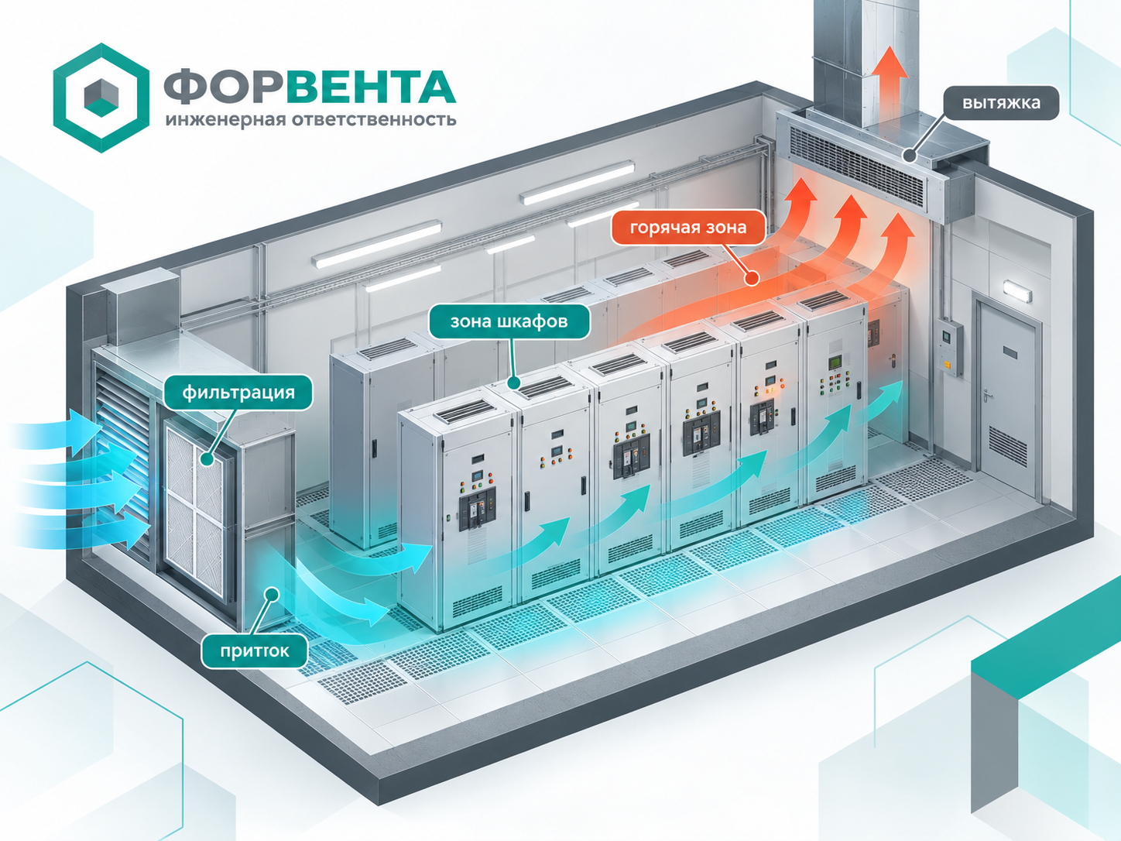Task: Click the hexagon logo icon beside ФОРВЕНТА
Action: pos(101,98)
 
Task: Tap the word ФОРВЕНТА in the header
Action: pos(310,87)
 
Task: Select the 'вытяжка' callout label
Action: pos(1001,103)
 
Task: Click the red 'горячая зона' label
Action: pos(688,227)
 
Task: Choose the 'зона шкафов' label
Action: pos(509,321)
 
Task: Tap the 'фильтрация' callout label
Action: pos(238,392)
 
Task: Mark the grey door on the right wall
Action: pos(1007,401)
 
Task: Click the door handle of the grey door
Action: pos(987,392)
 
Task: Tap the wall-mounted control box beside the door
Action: pos(951,348)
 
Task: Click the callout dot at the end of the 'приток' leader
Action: pos(273,594)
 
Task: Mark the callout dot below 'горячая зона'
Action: pos(751,279)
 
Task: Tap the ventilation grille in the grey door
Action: pos(1007,447)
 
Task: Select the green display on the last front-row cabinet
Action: pos(835,362)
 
